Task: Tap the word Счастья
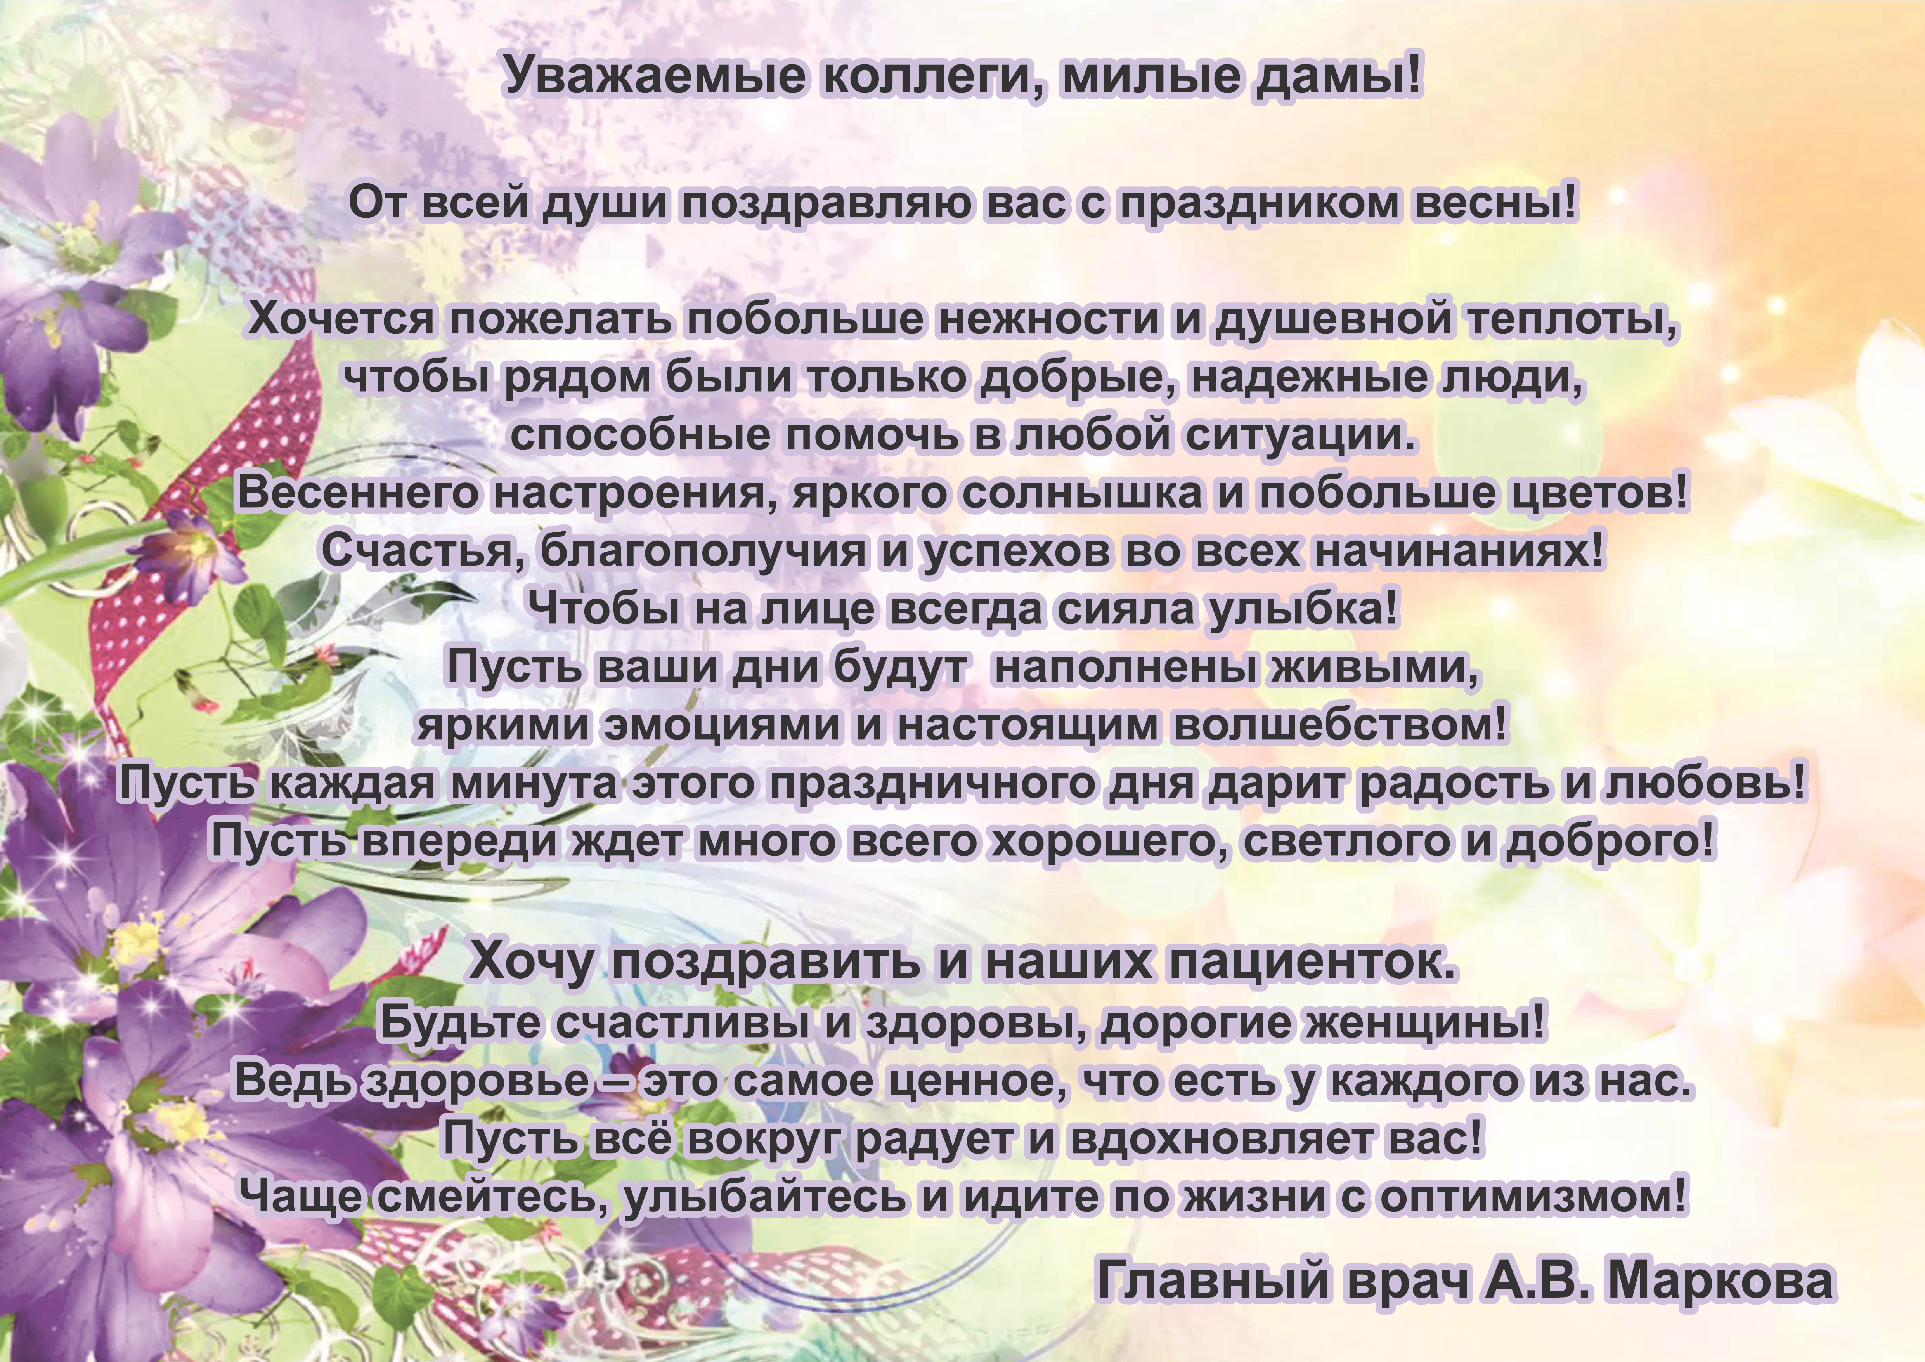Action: [x=423, y=552]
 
